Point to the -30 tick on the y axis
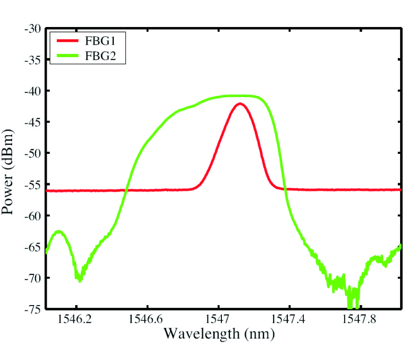pyautogui.click(x=33, y=29)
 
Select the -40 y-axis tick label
pyautogui.click(x=33, y=91)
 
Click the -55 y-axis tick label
pyautogui.click(x=33, y=184)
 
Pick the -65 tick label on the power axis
pyautogui.click(x=33, y=247)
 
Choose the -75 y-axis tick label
pyautogui.click(x=33, y=309)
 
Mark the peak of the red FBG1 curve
pyautogui.click(x=240, y=103)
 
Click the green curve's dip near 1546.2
pyautogui.click(x=80, y=280)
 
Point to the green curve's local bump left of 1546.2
pyautogui.click(x=58, y=231)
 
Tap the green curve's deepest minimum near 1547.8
pyautogui.click(x=350, y=307)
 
